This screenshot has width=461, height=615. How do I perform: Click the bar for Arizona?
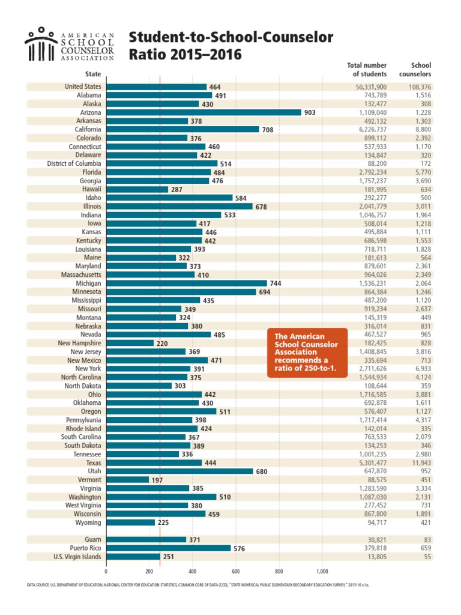(x=203, y=112)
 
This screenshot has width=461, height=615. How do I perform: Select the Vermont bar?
(x=127, y=480)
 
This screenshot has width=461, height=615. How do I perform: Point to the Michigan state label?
(x=88, y=283)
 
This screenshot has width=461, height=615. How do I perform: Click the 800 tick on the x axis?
(x=279, y=571)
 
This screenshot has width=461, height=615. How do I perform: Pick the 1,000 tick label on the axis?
(x=322, y=571)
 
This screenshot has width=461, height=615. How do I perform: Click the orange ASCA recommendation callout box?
(x=307, y=353)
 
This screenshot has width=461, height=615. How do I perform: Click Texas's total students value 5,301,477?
(x=372, y=463)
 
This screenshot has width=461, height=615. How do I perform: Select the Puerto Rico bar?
(x=168, y=548)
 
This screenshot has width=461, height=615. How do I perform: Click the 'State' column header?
(x=93, y=74)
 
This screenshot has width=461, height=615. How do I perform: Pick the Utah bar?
(x=179, y=471)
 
